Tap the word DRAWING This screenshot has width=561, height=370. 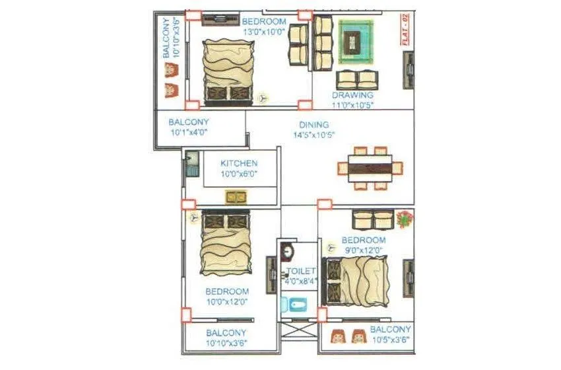352,95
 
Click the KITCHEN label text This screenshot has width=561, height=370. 239,163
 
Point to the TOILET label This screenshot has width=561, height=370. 301,272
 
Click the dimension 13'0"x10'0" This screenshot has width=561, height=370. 264,31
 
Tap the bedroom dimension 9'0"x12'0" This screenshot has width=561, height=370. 363,249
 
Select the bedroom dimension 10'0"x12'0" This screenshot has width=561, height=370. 226,301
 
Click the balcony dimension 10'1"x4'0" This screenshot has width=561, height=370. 188,132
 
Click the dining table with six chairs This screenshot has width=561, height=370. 370,168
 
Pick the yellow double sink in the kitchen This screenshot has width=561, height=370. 236,196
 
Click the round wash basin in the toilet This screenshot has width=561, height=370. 288,251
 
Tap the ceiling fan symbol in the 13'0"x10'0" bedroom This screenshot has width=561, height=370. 263,97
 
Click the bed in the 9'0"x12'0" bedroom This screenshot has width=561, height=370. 358,281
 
